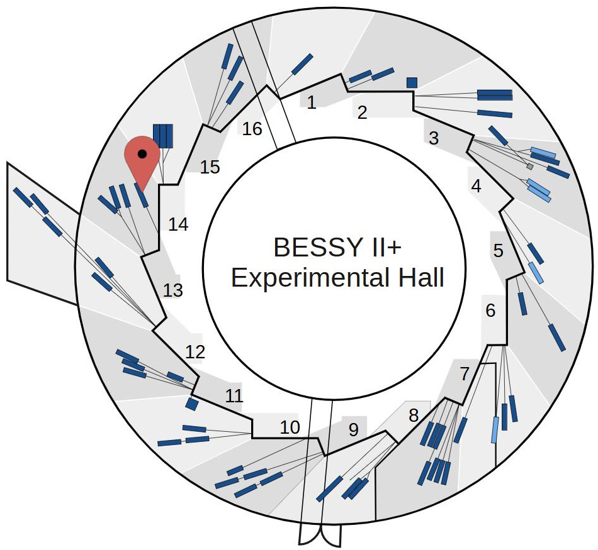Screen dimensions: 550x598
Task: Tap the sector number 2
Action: click(362, 113)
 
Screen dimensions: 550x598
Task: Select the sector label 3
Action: click(433, 139)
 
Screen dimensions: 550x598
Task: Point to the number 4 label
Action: click(476, 187)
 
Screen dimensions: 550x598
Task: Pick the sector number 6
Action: click(491, 311)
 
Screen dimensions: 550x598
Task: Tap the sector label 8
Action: click(414, 415)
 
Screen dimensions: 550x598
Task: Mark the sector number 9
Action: click(353, 431)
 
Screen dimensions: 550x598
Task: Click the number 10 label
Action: click(290, 428)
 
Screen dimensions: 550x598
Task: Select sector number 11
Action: click(234, 396)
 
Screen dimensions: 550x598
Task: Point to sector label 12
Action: click(195, 352)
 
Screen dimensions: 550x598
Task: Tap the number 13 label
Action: click(172, 290)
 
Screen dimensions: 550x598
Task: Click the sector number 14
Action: click(178, 224)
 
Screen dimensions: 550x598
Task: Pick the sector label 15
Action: click(210, 167)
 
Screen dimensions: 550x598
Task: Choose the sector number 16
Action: click(252, 129)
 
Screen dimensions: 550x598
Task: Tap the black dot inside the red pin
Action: click(142, 153)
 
